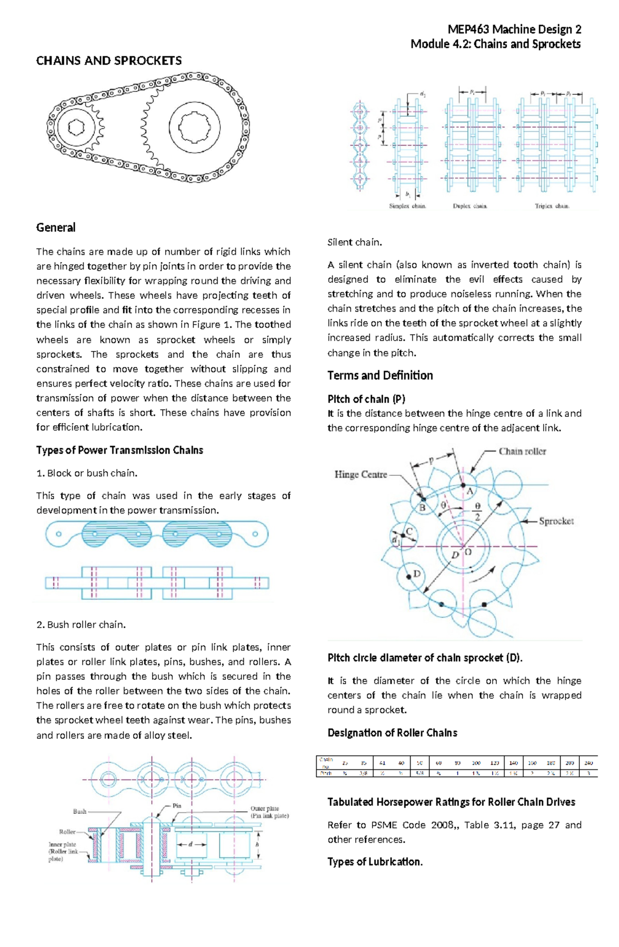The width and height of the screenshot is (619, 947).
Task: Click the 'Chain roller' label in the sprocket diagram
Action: click(x=522, y=452)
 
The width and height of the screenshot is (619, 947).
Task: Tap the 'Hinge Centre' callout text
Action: click(x=361, y=475)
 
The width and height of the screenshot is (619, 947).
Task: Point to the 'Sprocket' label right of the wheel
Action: click(x=556, y=521)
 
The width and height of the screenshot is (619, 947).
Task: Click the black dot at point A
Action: click(x=463, y=486)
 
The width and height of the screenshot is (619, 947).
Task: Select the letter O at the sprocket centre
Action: click(x=468, y=552)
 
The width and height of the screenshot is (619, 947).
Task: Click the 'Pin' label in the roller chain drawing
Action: click(x=177, y=806)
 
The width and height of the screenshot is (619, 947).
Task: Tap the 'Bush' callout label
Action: click(x=79, y=812)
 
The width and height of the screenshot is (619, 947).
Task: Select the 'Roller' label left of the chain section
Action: click(x=67, y=832)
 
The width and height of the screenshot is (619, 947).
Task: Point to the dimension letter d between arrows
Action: click(x=190, y=844)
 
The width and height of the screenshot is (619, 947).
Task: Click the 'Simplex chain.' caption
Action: click(x=408, y=206)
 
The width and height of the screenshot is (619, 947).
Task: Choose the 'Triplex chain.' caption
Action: click(x=552, y=206)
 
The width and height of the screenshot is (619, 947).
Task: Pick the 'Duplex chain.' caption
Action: click(x=470, y=206)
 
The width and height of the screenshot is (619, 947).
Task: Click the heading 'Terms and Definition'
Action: click(x=380, y=376)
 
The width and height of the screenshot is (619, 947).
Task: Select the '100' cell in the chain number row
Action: click(x=476, y=763)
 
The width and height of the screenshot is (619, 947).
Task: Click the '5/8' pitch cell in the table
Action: click(x=419, y=773)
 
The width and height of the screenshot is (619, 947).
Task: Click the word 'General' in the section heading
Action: click(x=56, y=228)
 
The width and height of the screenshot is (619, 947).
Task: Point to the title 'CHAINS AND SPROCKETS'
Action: click(x=109, y=61)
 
